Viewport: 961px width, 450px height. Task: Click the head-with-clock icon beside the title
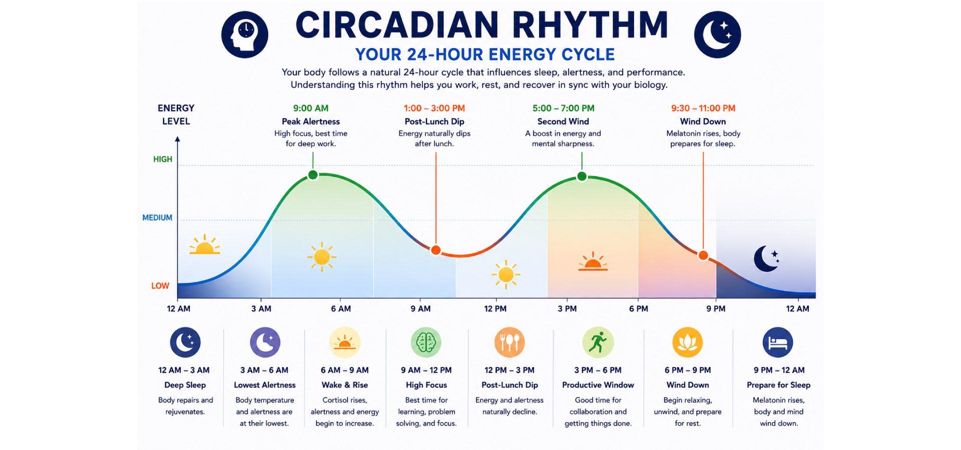click(245, 34)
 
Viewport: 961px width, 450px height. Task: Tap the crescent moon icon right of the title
click(717, 34)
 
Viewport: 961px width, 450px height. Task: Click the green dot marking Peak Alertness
click(313, 175)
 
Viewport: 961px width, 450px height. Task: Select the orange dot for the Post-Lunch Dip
click(436, 250)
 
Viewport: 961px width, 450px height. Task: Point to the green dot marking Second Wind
click(582, 176)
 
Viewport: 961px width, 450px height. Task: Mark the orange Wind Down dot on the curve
click(703, 255)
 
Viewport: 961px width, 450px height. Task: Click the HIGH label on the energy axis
click(163, 159)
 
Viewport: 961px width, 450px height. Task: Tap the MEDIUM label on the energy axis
click(157, 217)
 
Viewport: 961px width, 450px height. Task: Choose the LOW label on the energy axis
click(160, 285)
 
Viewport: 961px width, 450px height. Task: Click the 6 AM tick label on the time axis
click(341, 308)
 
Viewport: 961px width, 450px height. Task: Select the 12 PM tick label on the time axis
click(495, 308)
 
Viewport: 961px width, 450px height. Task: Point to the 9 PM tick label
click(716, 308)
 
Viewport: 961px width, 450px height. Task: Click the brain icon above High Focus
click(426, 342)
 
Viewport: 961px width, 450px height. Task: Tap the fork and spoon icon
click(510, 342)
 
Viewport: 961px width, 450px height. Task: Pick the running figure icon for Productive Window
click(598, 342)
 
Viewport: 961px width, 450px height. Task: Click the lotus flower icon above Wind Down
click(687, 342)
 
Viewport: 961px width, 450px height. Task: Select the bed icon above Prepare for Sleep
click(778, 342)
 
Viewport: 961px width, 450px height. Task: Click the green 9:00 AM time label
click(311, 108)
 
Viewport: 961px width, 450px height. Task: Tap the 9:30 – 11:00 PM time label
click(703, 108)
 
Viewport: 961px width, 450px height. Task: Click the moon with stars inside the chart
click(766, 258)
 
